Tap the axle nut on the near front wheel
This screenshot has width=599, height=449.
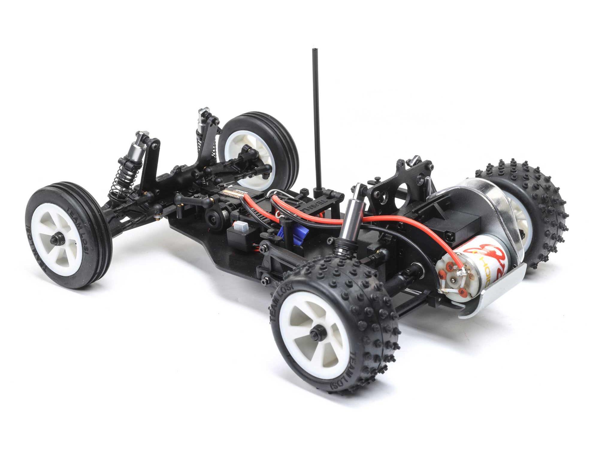pos(55,239)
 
